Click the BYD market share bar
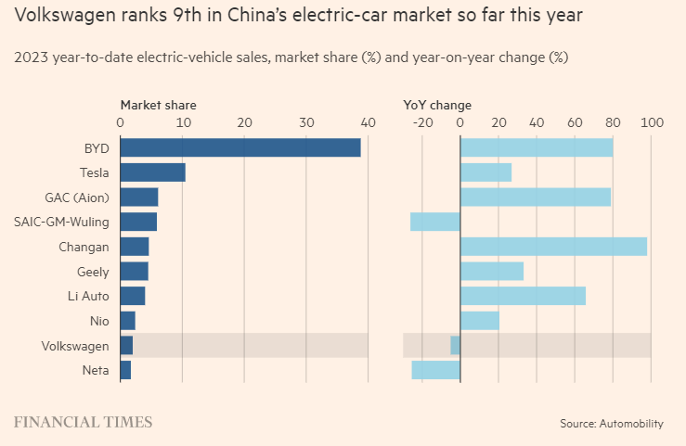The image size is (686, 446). tap(240, 147)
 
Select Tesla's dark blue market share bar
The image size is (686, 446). tap(153, 172)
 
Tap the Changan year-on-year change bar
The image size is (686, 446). tap(553, 247)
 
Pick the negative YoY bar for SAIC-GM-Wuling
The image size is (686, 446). tap(435, 222)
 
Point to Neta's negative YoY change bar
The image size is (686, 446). tap(436, 370)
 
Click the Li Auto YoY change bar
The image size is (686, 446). tap(523, 296)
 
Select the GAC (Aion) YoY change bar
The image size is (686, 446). tap(536, 197)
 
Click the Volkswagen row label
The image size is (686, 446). tap(75, 346)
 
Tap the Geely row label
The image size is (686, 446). tap(93, 272)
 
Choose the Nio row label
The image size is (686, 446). tap(99, 321)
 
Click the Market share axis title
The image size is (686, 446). tap(158, 105)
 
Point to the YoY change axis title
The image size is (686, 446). tap(437, 105)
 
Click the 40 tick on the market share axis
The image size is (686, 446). tap(369, 121)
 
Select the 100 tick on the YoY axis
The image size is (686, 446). tap(652, 121)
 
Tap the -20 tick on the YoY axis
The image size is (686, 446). tap(422, 121)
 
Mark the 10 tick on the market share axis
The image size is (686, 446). tap(183, 121)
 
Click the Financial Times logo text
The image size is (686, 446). tap(83, 423)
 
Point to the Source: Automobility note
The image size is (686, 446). tap(611, 424)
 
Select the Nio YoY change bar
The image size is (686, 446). tap(480, 321)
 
